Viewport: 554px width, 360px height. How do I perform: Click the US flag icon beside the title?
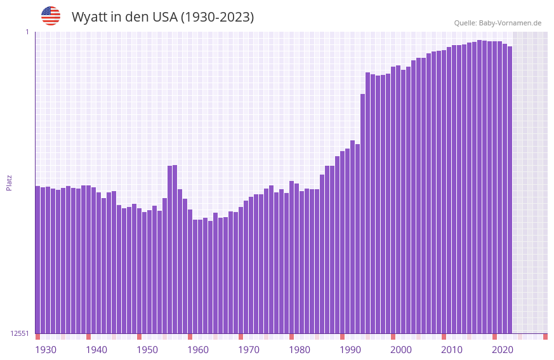[51, 16]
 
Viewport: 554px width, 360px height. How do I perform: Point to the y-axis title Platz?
[9, 182]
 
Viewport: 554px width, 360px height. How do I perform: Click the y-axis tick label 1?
[27, 32]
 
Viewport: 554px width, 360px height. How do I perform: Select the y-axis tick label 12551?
[19, 333]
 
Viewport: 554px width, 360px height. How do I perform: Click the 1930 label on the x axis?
[46, 350]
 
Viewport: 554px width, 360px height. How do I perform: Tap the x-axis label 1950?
[147, 350]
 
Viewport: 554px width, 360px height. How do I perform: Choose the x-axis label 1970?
[249, 350]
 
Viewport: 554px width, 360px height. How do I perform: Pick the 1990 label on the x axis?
[350, 350]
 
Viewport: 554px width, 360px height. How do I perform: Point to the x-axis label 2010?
[452, 350]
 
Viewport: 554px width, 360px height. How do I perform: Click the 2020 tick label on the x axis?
[503, 350]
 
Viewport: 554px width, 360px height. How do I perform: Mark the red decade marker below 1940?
[89, 337]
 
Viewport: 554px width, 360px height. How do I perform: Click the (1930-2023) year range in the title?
[218, 17]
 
